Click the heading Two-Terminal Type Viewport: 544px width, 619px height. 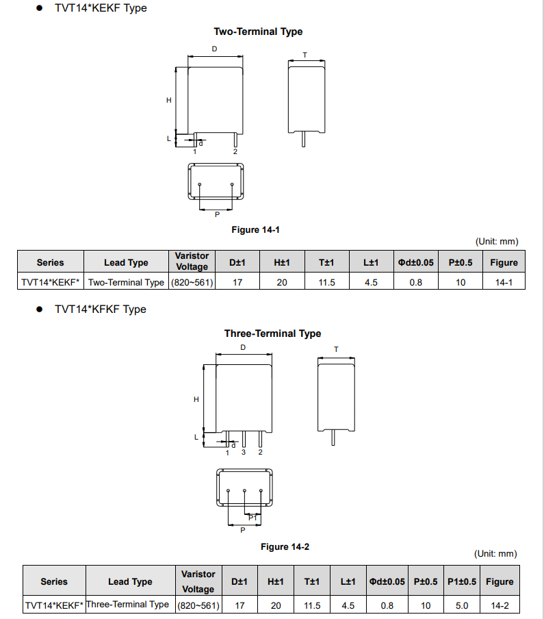[x=258, y=31]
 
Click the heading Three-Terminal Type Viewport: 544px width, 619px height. [x=272, y=333]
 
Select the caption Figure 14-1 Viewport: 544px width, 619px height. [x=256, y=229]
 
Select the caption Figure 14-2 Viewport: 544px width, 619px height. [x=285, y=546]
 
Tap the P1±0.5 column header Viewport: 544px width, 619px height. [x=462, y=581]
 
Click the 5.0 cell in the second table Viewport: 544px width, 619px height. [x=462, y=605]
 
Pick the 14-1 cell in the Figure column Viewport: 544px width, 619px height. [x=504, y=282]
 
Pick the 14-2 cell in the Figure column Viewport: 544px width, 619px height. [x=500, y=605]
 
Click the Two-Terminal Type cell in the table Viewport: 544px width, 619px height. [x=127, y=282]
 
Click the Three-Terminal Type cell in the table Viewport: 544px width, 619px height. [x=127, y=605]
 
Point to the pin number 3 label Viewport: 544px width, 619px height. [x=244, y=452]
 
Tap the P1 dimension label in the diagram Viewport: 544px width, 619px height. [x=252, y=518]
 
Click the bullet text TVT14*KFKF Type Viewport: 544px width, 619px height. [x=101, y=309]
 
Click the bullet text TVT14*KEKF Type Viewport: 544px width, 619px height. [x=101, y=8]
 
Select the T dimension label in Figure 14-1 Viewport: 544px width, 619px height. [x=305, y=54]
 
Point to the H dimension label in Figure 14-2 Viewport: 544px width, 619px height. [x=196, y=399]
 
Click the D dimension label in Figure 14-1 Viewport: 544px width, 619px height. [x=214, y=49]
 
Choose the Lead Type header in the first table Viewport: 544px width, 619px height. [x=126, y=262]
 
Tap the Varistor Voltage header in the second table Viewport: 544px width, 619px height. [x=198, y=581]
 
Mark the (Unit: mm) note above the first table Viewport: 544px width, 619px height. [x=497, y=241]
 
